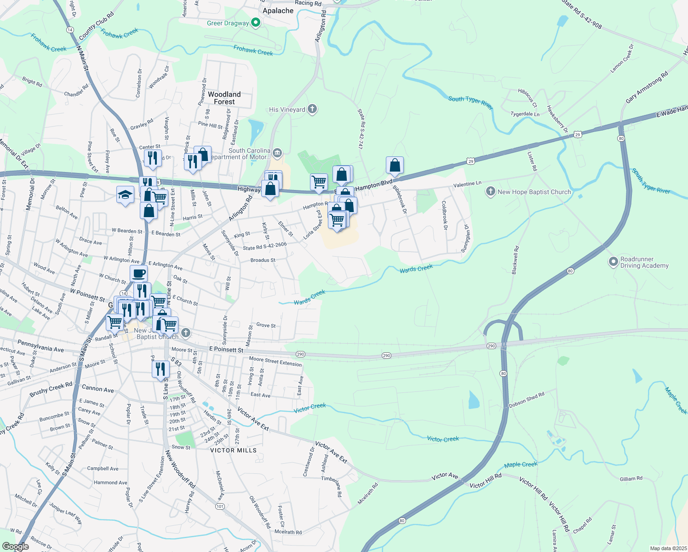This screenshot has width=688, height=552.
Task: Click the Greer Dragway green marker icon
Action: (x=256, y=23)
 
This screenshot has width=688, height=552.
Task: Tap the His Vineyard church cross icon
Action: (x=312, y=109)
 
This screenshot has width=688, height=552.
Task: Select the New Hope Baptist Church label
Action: (x=534, y=192)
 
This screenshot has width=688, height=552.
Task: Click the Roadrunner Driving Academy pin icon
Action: (x=613, y=262)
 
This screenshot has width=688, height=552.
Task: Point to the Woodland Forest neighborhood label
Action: (x=224, y=98)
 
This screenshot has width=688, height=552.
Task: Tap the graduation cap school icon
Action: (x=125, y=195)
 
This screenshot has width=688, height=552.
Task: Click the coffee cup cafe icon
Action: (x=138, y=274)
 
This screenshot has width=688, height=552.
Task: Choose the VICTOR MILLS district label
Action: (x=233, y=450)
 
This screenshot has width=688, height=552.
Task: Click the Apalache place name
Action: (x=278, y=11)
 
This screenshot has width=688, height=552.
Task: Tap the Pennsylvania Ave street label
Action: (x=40, y=346)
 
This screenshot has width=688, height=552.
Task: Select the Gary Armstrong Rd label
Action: (x=647, y=88)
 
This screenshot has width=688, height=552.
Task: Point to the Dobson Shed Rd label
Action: (x=527, y=400)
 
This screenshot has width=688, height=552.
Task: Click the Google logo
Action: (x=15, y=546)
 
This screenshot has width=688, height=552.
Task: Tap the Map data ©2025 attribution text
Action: (x=667, y=548)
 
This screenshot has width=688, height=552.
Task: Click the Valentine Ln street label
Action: (x=467, y=184)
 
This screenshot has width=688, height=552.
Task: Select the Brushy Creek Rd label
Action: (x=51, y=389)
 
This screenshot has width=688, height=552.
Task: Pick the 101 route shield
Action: (x=220, y=506)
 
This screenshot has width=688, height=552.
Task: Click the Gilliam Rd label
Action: (x=631, y=479)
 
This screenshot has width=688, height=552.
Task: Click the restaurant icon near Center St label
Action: (x=153, y=158)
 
